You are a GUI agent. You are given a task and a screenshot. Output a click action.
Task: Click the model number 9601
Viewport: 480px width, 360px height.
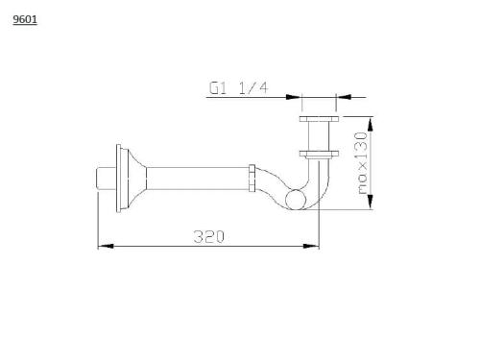25,19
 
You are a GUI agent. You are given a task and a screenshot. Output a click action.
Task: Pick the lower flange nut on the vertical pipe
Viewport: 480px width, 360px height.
318,153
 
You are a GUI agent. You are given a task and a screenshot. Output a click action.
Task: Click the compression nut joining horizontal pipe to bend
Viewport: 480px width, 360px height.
252,178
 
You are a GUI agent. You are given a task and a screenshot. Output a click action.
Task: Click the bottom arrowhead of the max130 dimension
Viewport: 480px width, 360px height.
372,204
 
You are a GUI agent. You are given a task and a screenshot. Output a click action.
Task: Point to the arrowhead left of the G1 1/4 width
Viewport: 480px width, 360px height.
296,96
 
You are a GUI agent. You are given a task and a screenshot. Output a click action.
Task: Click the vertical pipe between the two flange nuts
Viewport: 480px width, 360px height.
318,136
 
